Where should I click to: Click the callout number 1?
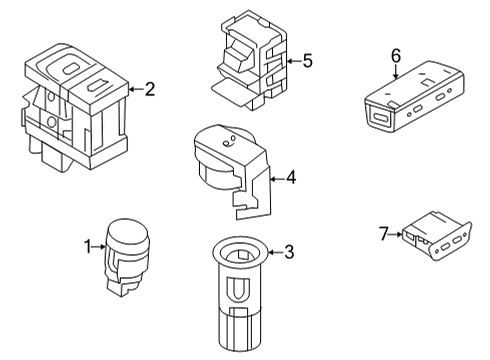87,247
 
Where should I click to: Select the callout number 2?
150,89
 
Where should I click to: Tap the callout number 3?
289,252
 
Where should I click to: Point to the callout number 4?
291,177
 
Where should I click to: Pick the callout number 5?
308,61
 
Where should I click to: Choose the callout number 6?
396,56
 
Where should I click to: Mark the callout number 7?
384,234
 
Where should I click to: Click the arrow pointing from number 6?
396,72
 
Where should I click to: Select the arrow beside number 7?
396,234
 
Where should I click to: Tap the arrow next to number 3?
275,252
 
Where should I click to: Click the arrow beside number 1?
99,247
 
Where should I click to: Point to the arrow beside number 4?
277,179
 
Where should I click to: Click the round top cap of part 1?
128,233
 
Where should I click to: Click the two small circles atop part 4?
229,141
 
